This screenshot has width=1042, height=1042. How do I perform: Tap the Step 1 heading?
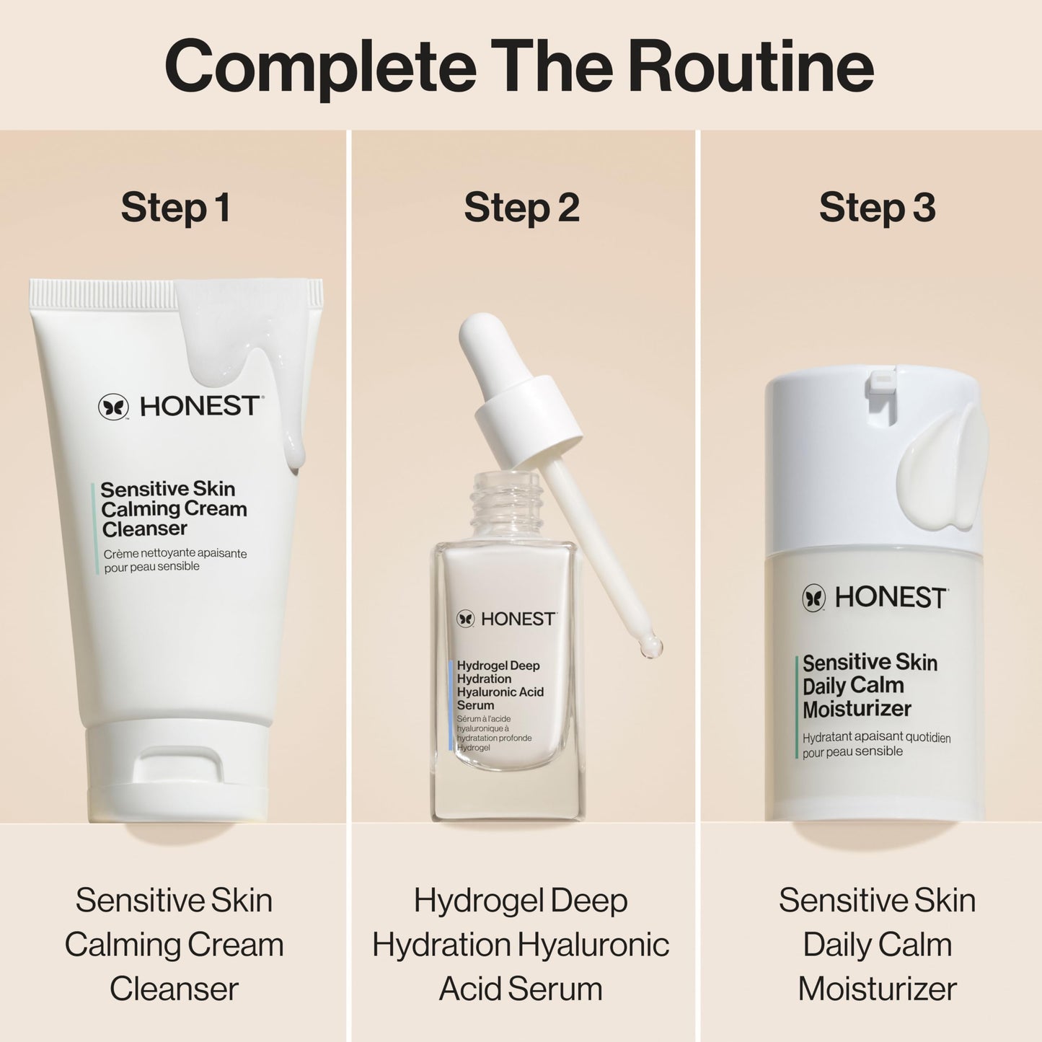[175, 208]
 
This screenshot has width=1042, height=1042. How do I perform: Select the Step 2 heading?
[521, 208]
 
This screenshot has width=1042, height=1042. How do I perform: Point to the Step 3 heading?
[877, 208]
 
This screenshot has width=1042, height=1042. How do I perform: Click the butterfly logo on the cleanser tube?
[113, 407]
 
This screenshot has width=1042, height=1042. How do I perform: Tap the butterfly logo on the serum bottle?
[466, 619]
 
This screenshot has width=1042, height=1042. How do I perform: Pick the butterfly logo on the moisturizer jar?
[813, 598]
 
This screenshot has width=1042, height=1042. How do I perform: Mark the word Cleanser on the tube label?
[144, 529]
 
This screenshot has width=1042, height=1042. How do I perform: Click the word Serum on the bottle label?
[476, 705]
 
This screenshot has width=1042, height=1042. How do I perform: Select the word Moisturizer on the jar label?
[857, 709]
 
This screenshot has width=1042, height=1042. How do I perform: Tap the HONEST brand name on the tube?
[200, 407]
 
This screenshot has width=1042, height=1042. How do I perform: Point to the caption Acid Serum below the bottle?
[521, 989]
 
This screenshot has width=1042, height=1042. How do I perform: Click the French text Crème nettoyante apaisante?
[175, 554]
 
